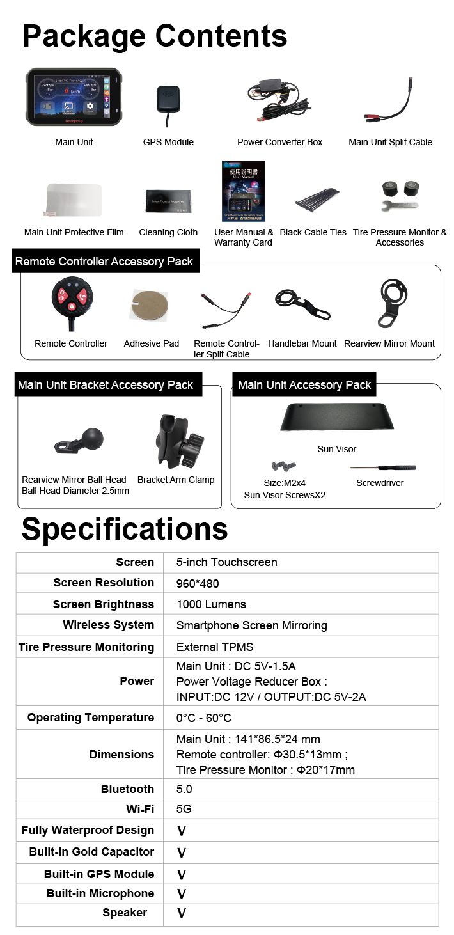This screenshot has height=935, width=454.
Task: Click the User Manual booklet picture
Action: [243, 191]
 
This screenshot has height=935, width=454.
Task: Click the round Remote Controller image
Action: [70, 299]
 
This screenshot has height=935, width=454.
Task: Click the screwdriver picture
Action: [380, 468]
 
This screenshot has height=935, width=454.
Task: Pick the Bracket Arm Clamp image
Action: [176, 441]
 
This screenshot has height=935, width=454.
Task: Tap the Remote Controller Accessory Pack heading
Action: [104, 262]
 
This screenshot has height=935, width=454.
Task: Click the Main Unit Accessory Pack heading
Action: [304, 385]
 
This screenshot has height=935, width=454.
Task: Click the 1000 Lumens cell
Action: [211, 604]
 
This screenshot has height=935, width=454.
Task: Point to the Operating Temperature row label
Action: [91, 718]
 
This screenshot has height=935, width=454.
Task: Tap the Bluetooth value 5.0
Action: [184, 789]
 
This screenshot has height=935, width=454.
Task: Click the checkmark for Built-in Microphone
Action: [182, 894]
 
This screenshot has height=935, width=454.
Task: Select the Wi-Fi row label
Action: [140, 810]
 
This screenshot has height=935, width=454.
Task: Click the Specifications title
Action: [125, 529]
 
